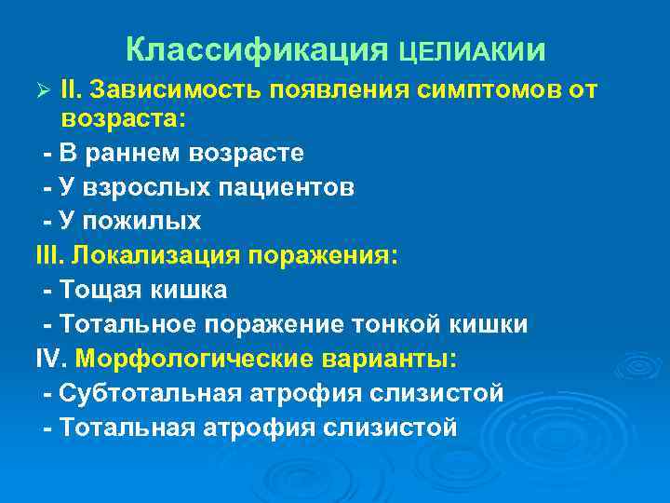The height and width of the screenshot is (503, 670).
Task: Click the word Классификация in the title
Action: tap(257, 48)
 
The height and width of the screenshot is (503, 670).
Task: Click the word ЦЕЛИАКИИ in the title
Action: tap(472, 49)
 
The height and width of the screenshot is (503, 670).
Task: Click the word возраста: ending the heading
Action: tap(124, 118)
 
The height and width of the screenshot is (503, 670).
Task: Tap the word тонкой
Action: tap(404, 324)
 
